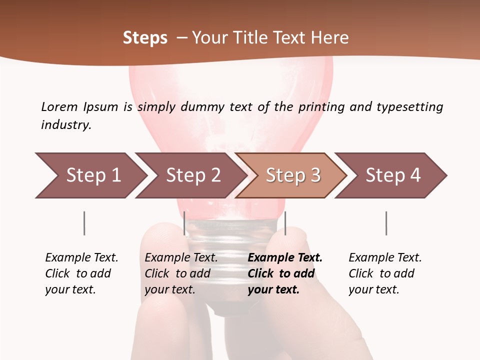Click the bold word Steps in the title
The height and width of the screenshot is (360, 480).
[145, 38]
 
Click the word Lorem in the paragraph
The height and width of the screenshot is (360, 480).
[59, 106]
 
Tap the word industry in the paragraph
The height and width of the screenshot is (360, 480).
[65, 125]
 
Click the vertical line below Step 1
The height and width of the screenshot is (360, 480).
[84, 223]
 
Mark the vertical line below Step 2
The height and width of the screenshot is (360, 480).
[184, 223]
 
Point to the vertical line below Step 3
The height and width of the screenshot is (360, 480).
[285, 223]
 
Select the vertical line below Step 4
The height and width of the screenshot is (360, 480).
[386, 223]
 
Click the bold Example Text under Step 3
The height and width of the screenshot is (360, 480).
[285, 273]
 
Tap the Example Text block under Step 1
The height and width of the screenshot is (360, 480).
[81, 273]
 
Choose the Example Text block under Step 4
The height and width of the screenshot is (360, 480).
[385, 273]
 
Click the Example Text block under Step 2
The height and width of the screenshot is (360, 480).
[181, 273]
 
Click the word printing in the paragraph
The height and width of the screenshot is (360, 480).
[322, 107]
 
